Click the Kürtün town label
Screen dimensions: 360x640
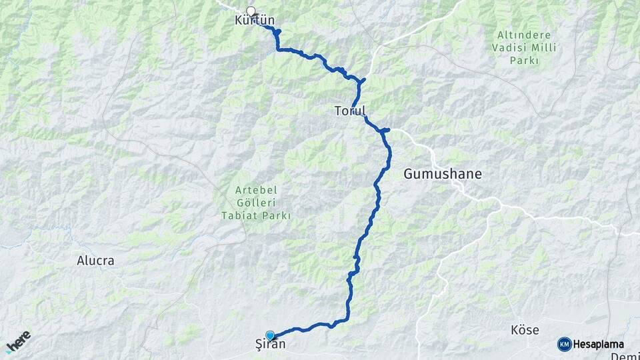click(255, 21)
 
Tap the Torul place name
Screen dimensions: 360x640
click(350, 111)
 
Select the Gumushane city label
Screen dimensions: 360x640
click(442, 175)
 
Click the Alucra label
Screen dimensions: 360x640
click(95, 261)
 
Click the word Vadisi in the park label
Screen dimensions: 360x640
click(508, 47)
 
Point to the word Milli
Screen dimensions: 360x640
click(539, 47)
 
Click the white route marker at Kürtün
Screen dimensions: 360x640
click(251, 10)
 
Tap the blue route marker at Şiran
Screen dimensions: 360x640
click(270, 335)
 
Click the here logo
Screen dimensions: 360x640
click(18, 342)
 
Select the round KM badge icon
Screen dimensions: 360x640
click(564, 344)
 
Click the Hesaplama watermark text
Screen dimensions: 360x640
click(599, 344)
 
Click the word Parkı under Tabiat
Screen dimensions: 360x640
click(278, 215)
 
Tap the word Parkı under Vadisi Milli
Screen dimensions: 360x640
click(524, 61)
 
